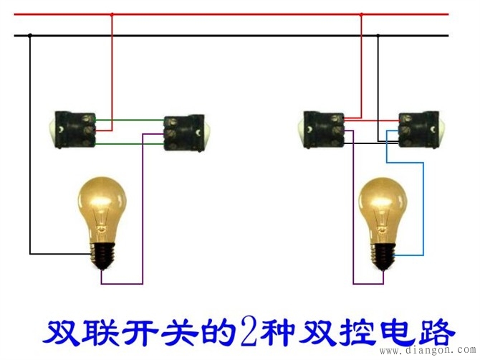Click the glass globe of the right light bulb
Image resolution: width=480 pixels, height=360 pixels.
tap(383, 209)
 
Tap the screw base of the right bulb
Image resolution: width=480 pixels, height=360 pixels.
tap(383, 255)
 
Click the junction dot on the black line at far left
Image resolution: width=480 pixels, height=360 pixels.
tap(29, 35)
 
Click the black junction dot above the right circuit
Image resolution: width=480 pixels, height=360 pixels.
tap(378, 35)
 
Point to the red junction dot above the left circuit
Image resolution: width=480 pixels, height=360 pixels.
tap(112, 14)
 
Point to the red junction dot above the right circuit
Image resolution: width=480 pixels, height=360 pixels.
tap(361, 14)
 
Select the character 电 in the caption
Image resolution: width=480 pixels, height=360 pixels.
tap(398, 333)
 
